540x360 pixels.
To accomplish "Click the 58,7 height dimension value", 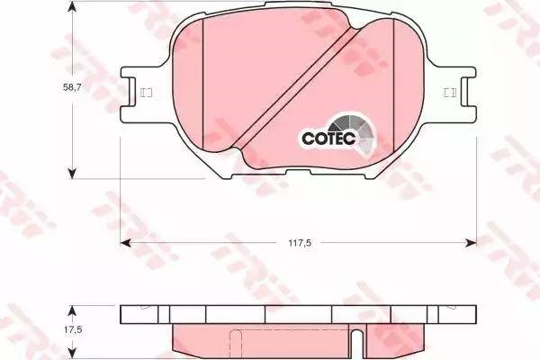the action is [x=72, y=87].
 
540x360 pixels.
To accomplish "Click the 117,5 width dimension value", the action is [x=300, y=243].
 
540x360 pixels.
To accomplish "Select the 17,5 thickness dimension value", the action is [x=73, y=330].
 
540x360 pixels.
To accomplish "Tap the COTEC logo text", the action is [x=328, y=138].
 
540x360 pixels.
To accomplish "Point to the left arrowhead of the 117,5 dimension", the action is [x=125, y=243].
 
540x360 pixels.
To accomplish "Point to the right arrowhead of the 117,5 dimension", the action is [x=471, y=243].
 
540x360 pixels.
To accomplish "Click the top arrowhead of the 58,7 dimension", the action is [x=72, y=6].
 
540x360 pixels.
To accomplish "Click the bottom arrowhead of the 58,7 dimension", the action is [x=72, y=174].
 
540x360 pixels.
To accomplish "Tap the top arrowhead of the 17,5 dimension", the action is [x=71, y=310].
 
